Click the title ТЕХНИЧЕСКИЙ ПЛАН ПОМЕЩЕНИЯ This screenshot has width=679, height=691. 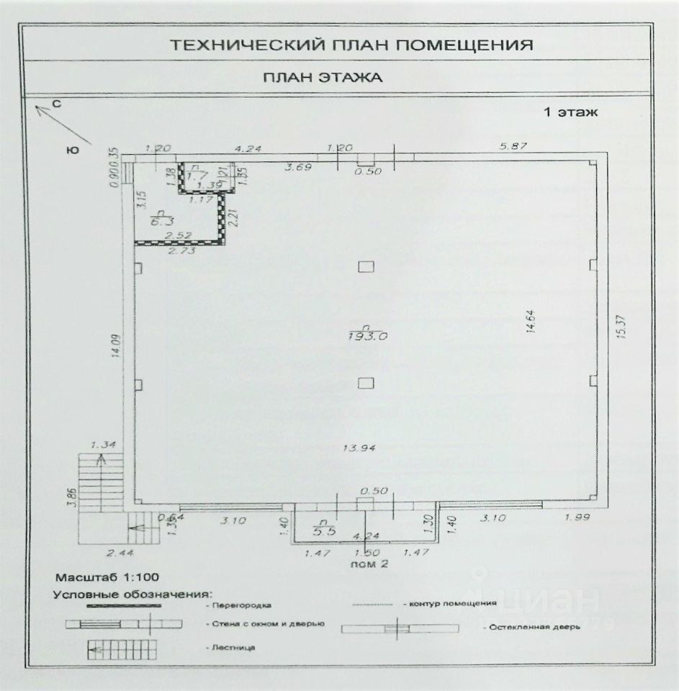[x=351, y=45]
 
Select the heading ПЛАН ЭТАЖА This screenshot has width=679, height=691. [x=321, y=78]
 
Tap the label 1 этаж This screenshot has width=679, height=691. [x=570, y=112]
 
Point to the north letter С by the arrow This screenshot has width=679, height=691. [x=57, y=104]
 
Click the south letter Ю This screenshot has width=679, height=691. [x=71, y=150]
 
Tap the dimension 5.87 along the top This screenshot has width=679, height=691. [x=514, y=147]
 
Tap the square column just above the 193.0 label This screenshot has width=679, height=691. [x=366, y=267]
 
